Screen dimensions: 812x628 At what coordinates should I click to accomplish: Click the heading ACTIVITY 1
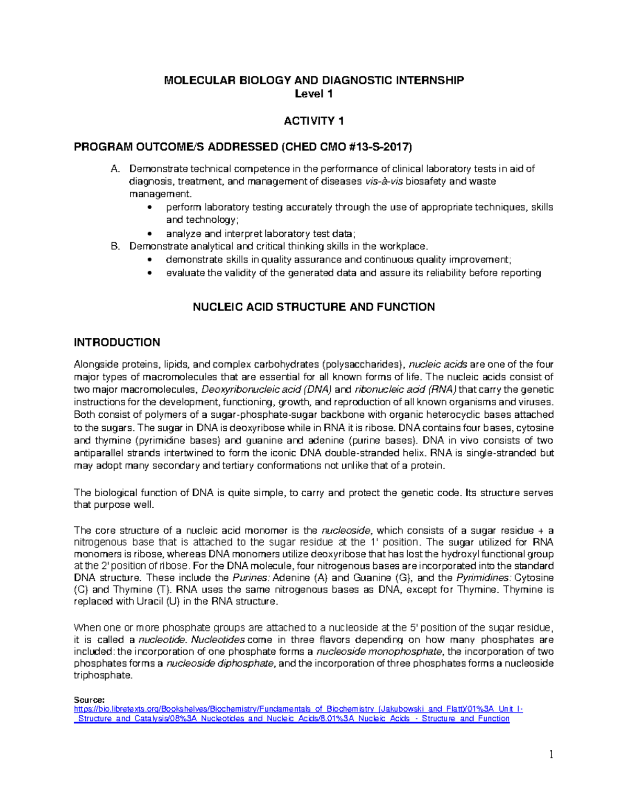tap(313, 121)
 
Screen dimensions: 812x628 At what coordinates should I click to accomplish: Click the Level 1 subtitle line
tap(313, 94)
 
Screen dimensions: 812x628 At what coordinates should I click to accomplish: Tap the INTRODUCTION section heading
tap(117, 342)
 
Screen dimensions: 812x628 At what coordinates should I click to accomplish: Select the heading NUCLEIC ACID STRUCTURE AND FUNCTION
tap(313, 307)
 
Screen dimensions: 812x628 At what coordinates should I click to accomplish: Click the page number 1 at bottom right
tap(551, 754)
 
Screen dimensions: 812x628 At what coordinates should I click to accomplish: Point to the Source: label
tap(89, 700)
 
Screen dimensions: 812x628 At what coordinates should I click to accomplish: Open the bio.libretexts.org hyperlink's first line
tap(298, 709)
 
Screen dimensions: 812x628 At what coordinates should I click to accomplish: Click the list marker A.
tap(116, 169)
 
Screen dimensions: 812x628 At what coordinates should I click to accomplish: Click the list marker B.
tap(116, 246)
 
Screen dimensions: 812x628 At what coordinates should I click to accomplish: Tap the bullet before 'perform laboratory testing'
tap(151, 208)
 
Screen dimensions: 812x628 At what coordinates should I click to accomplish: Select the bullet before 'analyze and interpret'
tap(151, 234)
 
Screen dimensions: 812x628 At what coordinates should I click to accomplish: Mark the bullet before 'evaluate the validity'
tap(151, 273)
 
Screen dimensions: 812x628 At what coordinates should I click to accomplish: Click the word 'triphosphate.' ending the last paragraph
tap(103, 676)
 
